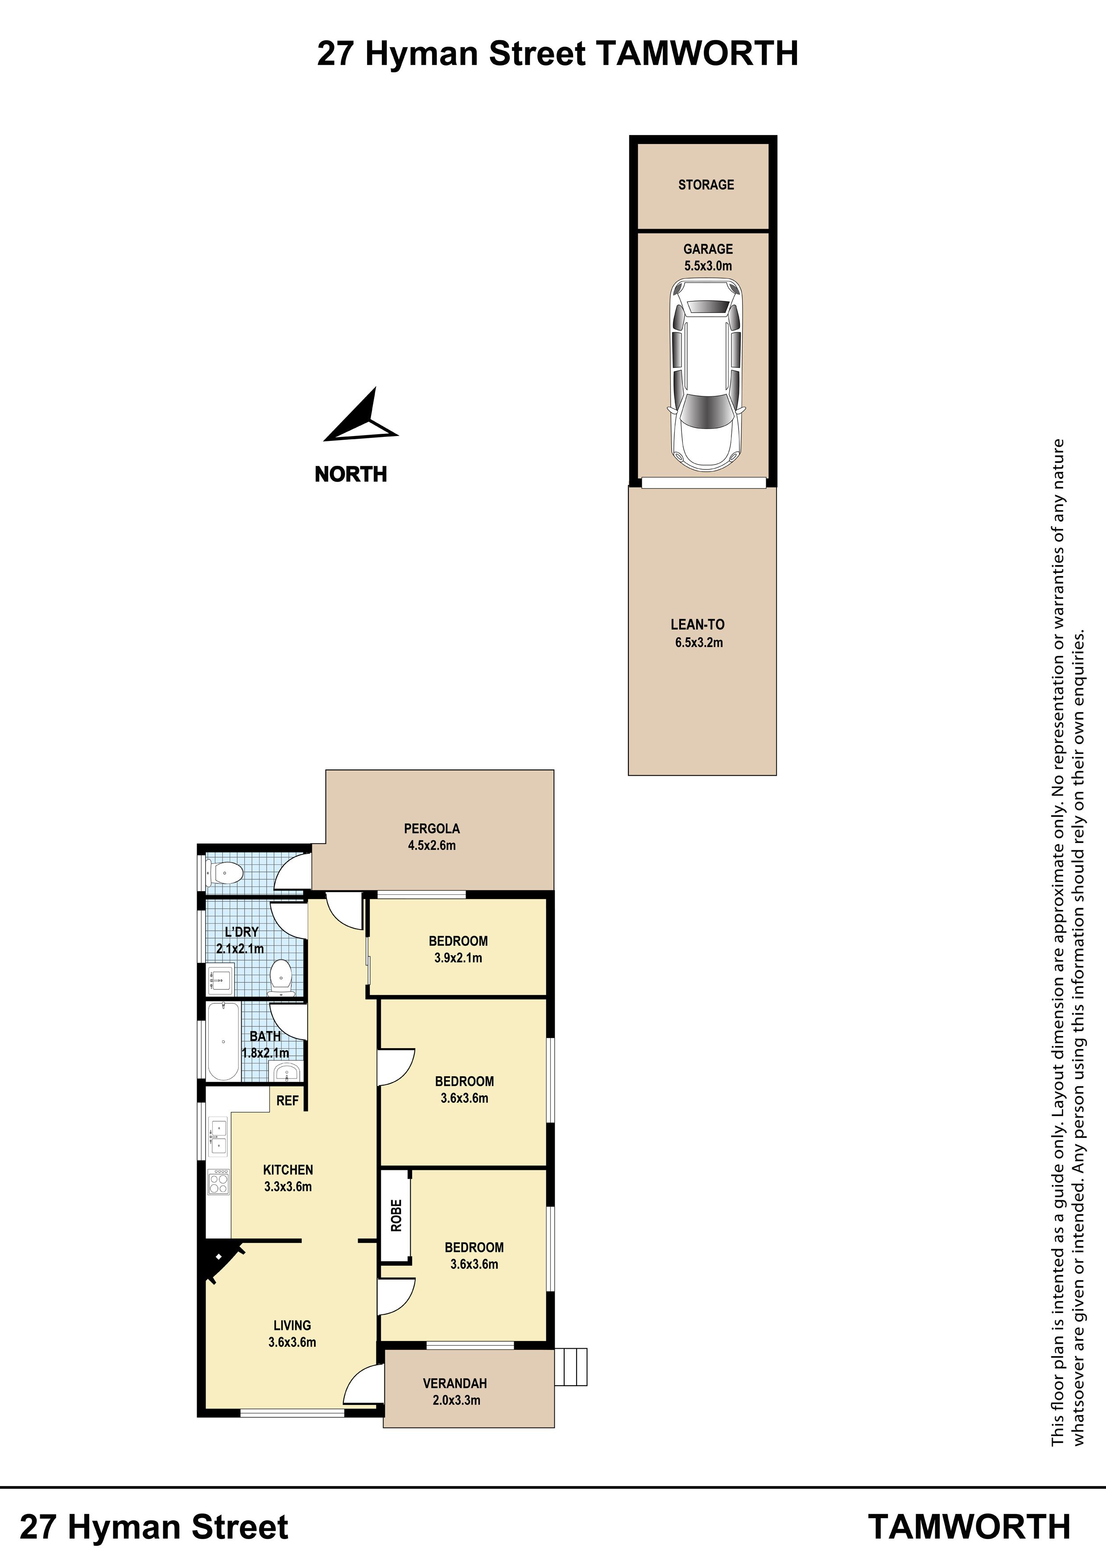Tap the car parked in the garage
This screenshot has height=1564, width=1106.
pyautogui.click(x=707, y=375)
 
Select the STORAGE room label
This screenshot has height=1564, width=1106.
pyautogui.click(x=706, y=185)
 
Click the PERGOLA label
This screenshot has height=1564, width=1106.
pyautogui.click(x=432, y=828)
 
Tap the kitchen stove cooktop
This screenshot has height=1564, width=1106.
pyautogui.click(x=219, y=1182)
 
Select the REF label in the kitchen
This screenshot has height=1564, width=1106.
pyautogui.click(x=288, y=1100)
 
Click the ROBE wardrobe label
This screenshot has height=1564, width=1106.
pyautogui.click(x=396, y=1215)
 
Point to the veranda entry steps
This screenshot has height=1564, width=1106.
pyautogui.click(x=570, y=1366)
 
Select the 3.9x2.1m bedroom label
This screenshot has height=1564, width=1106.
pyautogui.click(x=458, y=958)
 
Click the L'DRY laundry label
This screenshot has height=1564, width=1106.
pyautogui.click(x=242, y=931)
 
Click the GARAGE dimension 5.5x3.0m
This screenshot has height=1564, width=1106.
pyautogui.click(x=708, y=266)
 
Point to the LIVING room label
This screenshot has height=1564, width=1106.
pyautogui.click(x=293, y=1325)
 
